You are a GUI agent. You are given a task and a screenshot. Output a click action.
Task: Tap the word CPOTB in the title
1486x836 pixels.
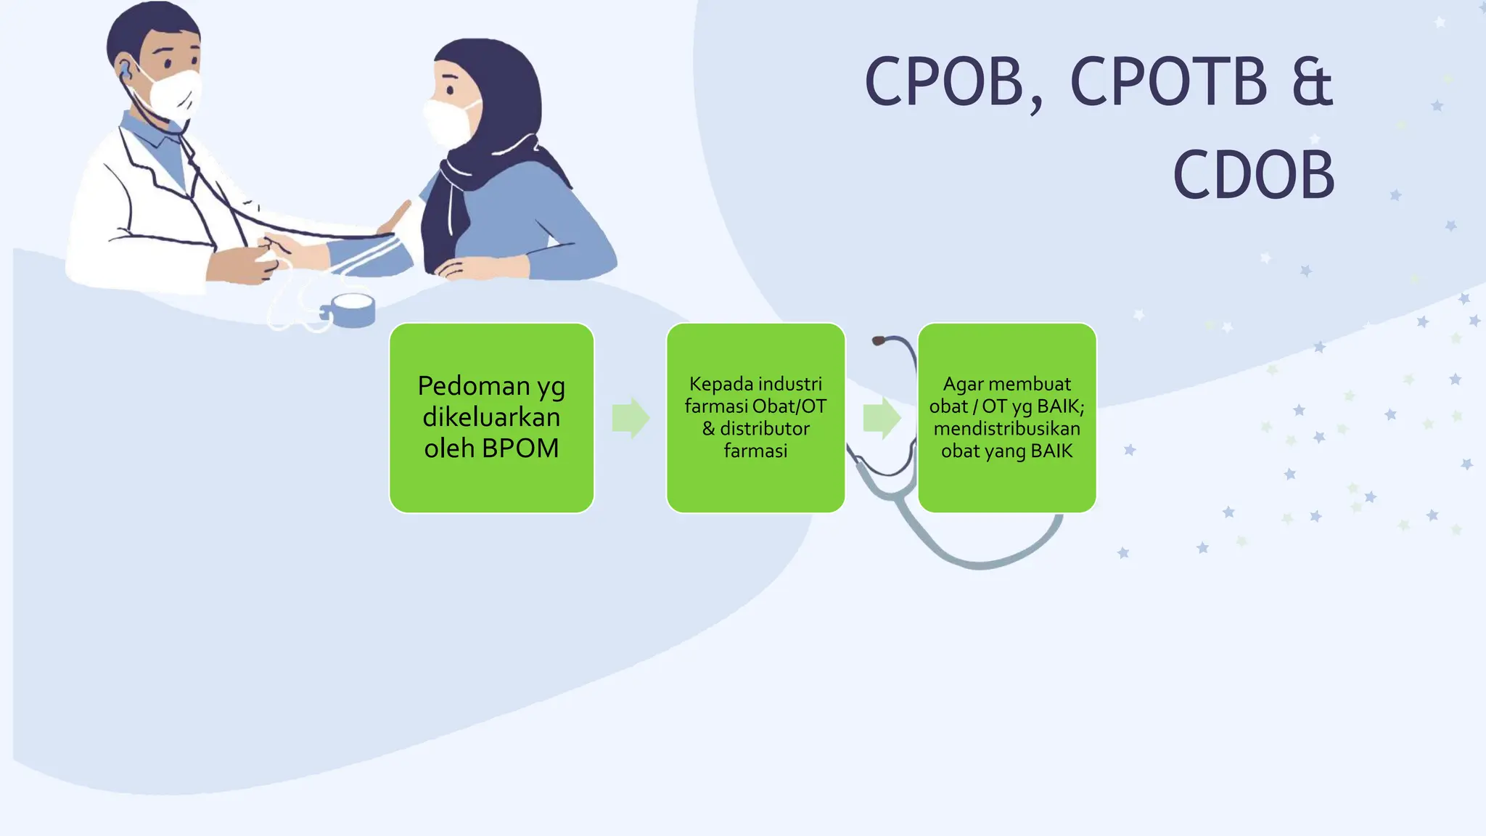point(1169,81)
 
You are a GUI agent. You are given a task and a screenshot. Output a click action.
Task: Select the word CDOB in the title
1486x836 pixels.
point(1253,176)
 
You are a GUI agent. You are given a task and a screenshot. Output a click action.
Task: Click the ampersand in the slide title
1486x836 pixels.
point(1312,81)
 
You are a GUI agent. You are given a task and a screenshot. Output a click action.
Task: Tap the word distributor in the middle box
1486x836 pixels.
point(765,429)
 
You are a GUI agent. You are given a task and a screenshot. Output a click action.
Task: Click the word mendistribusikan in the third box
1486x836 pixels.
point(1006,429)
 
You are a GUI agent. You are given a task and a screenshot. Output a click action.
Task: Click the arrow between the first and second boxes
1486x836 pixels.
point(631,418)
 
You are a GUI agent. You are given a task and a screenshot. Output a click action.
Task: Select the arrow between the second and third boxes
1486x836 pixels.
point(882,418)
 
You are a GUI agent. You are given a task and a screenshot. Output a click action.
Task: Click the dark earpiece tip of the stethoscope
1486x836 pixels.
point(878,340)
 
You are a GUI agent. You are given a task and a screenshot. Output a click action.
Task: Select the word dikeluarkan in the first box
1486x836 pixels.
point(491,417)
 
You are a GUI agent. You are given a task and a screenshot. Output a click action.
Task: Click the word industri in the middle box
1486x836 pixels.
point(792,384)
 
